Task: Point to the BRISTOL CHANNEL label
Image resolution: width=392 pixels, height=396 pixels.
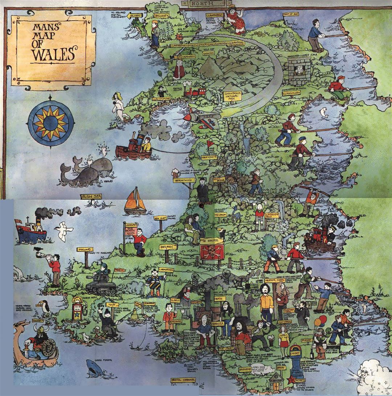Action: (183, 380)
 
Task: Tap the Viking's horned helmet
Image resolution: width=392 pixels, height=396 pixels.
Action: (38, 329)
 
